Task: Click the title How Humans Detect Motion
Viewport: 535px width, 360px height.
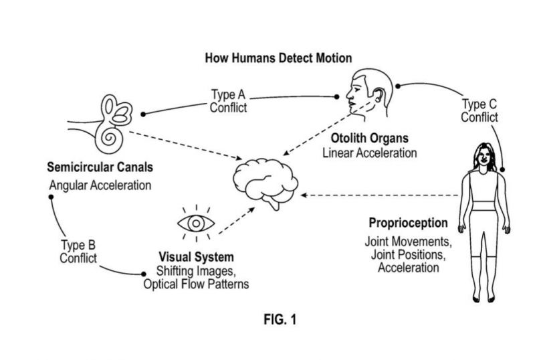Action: pyautogui.click(x=278, y=58)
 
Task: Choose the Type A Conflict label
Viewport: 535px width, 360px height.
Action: pyautogui.click(x=229, y=101)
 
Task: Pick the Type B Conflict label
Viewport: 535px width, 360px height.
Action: pyautogui.click(x=78, y=251)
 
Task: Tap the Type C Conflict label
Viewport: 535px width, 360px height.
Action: pyautogui.click(x=479, y=110)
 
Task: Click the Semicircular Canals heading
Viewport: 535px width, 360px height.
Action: pyautogui.click(x=100, y=166)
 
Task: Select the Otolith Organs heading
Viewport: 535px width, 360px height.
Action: pyautogui.click(x=369, y=139)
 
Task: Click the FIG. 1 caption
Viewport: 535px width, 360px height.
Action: pyautogui.click(x=280, y=319)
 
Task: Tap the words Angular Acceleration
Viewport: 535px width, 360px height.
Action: pyautogui.click(x=100, y=185)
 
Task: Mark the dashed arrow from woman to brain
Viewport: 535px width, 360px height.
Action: pyautogui.click(x=381, y=195)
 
